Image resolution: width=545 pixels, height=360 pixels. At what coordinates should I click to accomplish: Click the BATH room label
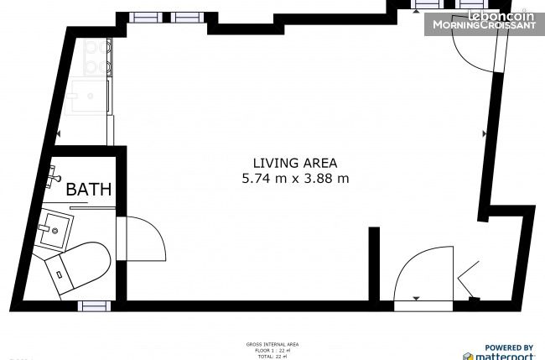point(89,190)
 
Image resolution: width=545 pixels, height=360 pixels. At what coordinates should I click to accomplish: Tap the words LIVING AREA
point(295,163)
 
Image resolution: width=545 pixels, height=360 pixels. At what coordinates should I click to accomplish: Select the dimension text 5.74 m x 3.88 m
point(295,178)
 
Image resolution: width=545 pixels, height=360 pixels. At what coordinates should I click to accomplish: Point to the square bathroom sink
point(54,227)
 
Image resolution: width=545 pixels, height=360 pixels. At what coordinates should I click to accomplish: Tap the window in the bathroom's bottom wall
point(94,306)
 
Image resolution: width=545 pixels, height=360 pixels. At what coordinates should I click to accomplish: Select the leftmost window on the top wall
point(143,17)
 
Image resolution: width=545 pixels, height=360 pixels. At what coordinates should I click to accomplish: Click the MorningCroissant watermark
point(483,25)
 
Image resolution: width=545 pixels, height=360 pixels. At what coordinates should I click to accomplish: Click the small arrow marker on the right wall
point(485,133)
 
